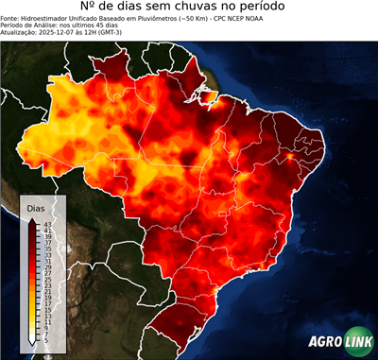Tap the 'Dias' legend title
(x=36, y=207)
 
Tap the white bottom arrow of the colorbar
(x=31, y=339)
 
